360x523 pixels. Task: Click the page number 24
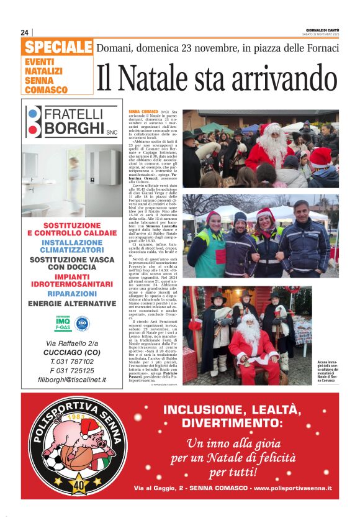point(25,32)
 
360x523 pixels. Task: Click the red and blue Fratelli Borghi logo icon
point(34,121)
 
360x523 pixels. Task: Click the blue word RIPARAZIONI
point(72,294)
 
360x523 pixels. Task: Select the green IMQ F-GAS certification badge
point(62,324)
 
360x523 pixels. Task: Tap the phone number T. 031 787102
point(71,361)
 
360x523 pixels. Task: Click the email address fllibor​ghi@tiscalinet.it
point(72,379)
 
